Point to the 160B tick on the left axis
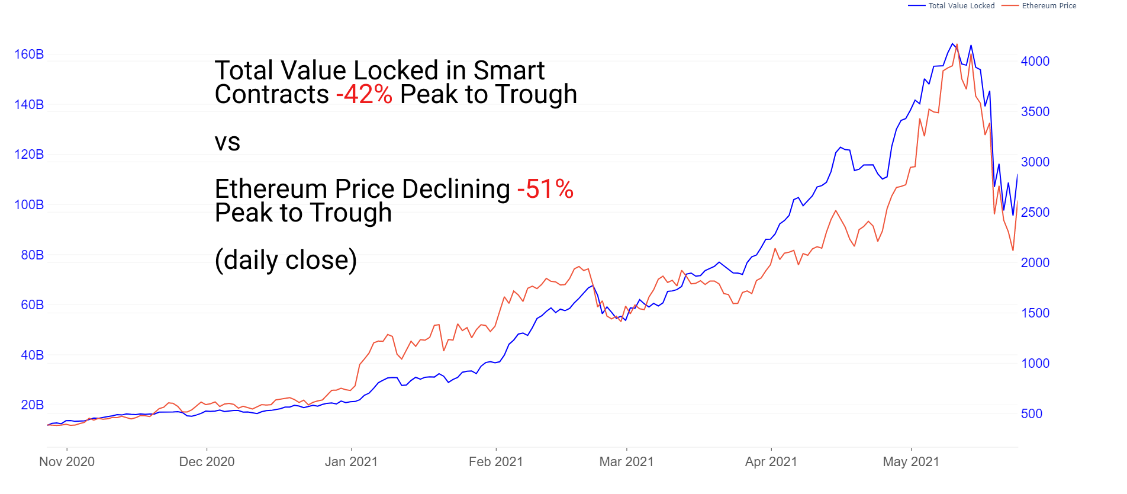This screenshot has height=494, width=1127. (x=29, y=54)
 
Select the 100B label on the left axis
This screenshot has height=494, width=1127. (x=29, y=205)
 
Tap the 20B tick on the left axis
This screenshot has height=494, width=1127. (x=33, y=405)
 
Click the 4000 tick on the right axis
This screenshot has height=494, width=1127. (x=1035, y=62)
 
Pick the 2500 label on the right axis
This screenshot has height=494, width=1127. (x=1035, y=213)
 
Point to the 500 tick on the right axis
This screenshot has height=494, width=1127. (x=1032, y=414)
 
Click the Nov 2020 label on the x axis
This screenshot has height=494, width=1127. (x=67, y=462)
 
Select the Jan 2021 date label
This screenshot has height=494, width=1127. (x=351, y=462)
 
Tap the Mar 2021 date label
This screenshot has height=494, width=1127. (x=626, y=462)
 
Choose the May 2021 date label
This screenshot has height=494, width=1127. (x=911, y=462)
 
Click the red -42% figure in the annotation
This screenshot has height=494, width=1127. (x=364, y=95)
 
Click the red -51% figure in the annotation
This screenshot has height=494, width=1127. (x=545, y=190)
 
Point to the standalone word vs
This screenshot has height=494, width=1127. (x=227, y=142)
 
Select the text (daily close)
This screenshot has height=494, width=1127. (x=286, y=260)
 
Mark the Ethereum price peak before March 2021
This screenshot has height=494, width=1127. (x=579, y=267)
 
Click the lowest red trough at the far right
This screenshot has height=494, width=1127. (x=1013, y=251)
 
